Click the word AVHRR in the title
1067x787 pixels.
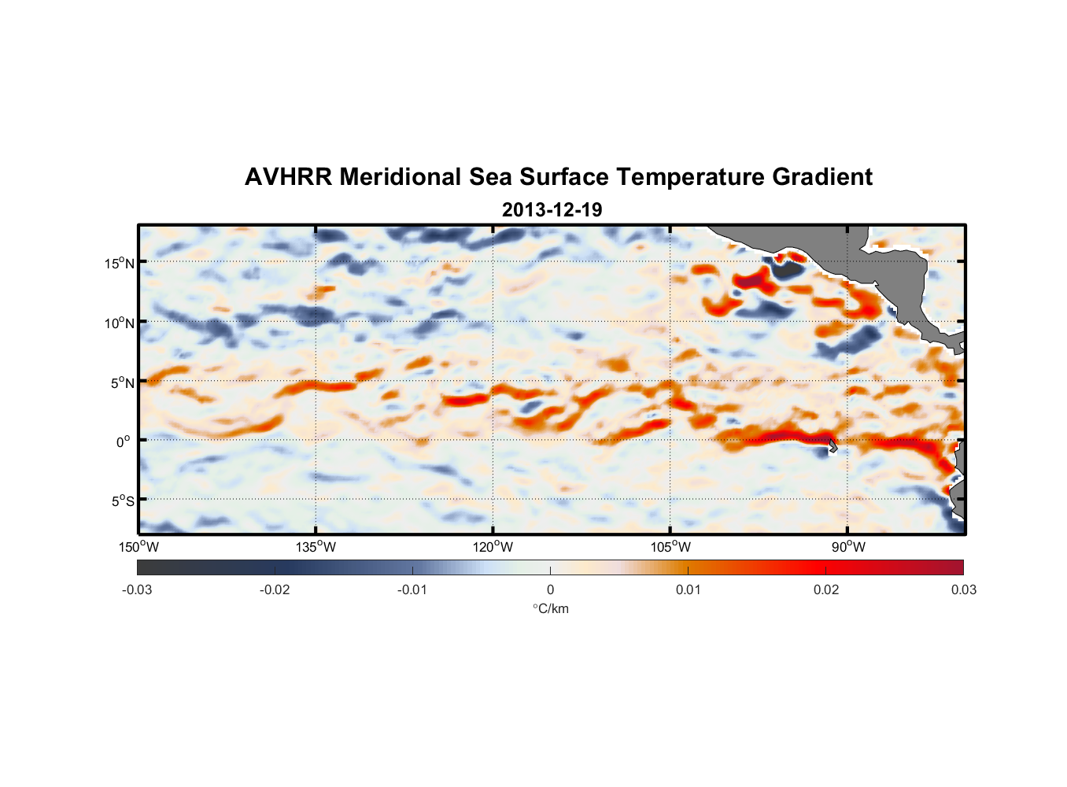[x=288, y=177]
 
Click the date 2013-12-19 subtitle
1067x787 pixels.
[x=552, y=210]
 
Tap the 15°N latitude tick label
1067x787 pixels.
[x=120, y=263]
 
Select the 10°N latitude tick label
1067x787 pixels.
[x=120, y=323]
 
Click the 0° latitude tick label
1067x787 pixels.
[x=124, y=442]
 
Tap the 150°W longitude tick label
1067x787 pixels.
[x=139, y=547]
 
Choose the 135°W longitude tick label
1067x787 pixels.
[x=316, y=547]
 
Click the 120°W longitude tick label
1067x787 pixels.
[x=493, y=547]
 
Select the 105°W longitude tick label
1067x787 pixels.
[x=670, y=547]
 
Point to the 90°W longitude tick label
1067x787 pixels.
[x=848, y=547]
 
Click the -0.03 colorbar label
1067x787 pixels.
[x=137, y=590]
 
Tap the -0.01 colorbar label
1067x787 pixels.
[x=412, y=590]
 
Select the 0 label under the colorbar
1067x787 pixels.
[x=550, y=590]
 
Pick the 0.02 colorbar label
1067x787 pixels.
[x=826, y=590]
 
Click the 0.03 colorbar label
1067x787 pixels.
[x=963, y=590]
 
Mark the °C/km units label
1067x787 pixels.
[x=550, y=608]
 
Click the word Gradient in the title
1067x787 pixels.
[x=822, y=177]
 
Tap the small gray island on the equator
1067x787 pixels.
[x=833, y=446]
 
